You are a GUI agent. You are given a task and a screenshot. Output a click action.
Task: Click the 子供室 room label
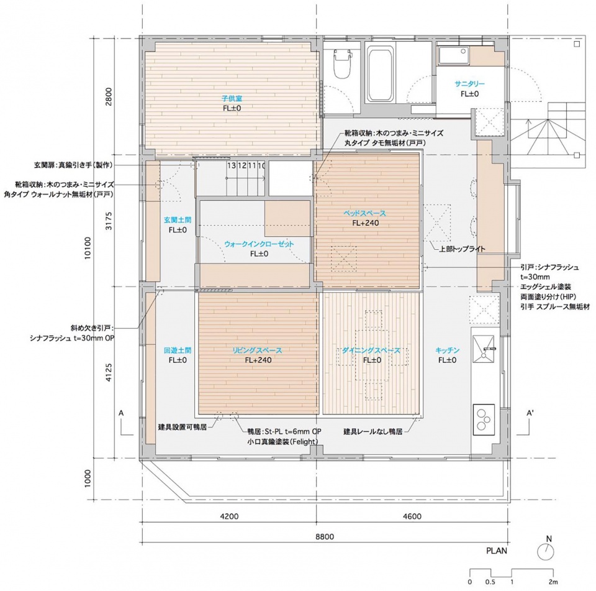(232, 98)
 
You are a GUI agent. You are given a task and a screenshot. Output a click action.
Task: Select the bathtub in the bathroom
(379, 74)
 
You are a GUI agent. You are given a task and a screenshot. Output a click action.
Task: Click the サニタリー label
(469, 84)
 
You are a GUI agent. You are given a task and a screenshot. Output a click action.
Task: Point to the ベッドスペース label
(365, 213)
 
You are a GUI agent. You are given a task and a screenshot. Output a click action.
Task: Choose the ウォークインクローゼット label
(259, 244)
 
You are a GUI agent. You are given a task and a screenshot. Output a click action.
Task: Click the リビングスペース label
(258, 350)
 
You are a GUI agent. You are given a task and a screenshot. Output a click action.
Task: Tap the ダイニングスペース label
(371, 350)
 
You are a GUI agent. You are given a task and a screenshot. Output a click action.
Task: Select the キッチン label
(447, 350)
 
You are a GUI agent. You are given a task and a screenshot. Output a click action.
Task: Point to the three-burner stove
(484, 419)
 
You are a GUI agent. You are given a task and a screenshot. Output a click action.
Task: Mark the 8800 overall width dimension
(325, 536)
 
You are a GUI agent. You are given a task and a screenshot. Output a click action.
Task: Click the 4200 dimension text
(229, 516)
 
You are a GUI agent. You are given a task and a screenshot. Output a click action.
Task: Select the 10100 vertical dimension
(88, 248)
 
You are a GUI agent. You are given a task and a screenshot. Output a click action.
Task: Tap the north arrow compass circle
(546, 551)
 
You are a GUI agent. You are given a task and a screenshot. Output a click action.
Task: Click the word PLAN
(497, 551)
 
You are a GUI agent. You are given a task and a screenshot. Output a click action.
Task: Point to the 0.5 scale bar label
(490, 582)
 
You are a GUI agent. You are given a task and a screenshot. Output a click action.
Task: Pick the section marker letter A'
(530, 413)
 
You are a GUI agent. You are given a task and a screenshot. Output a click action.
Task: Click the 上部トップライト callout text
(462, 249)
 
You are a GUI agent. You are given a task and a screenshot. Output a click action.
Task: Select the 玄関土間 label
(178, 220)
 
